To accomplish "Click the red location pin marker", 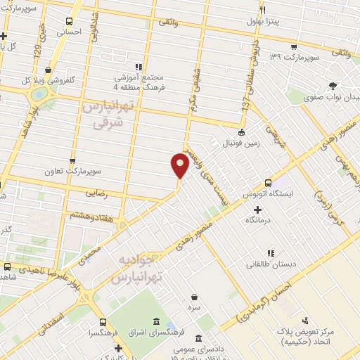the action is [x=180, y=165].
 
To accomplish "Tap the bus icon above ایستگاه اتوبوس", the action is [x=268, y=181].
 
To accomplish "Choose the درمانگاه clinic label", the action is [x=259, y=221].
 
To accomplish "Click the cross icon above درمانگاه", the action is [x=258, y=210].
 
